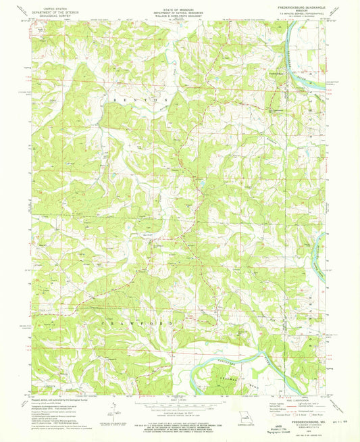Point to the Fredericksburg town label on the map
[x=274, y=73]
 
